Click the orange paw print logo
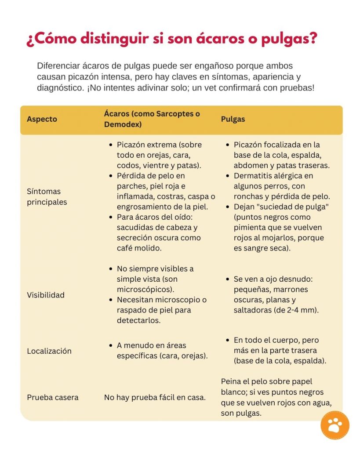point(335,425)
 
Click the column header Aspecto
point(42,119)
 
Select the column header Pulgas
point(233,119)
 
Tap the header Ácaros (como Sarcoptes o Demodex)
point(152,119)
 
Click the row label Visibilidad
point(46,295)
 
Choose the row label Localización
point(49,351)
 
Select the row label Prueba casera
point(53,397)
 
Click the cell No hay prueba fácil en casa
point(155,397)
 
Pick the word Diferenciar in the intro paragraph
point(58,66)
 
